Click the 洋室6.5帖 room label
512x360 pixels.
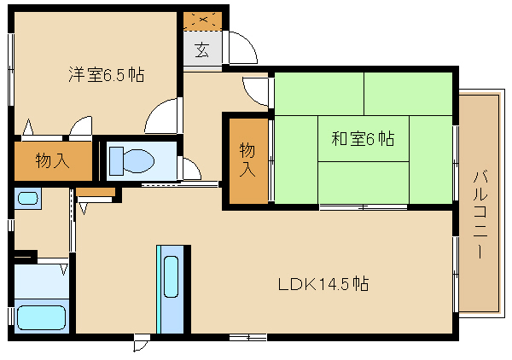pos(106,75)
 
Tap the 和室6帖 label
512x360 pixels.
pos(363,138)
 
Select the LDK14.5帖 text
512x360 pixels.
pos(323,284)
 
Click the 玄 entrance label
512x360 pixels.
pos(202,49)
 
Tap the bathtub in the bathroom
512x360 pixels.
pos(42,318)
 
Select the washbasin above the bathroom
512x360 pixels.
pos(28,198)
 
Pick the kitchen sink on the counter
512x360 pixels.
pos(171,276)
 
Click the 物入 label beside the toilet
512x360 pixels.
pos(52,160)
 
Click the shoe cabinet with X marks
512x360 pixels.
pos(202,20)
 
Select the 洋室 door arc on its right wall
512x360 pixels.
pos(160,115)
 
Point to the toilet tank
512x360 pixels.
pos(116,161)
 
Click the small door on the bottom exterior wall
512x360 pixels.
pos(142,343)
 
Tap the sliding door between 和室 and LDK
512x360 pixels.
pos(364,207)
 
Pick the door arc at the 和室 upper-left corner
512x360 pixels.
pos(255,92)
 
